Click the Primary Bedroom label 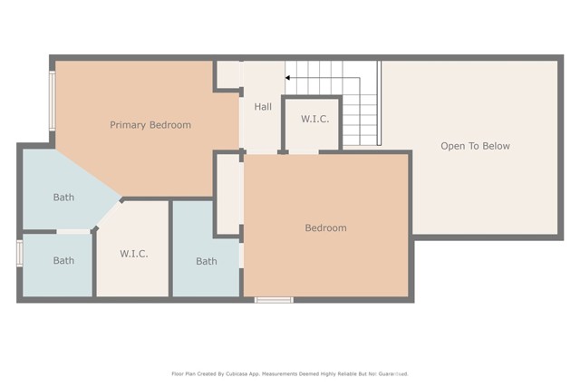click(150, 125)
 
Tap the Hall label click(263, 107)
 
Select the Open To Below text click(475, 146)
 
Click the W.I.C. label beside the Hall click(314, 120)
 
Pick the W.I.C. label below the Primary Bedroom click(133, 254)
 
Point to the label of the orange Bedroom click(325, 228)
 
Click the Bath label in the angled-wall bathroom click(63, 198)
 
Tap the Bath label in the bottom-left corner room click(63, 261)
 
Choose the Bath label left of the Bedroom click(207, 262)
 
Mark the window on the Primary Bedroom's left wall click(53, 101)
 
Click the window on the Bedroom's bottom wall click(274, 299)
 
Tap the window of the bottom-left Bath click(19, 253)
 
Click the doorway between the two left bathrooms click(74, 232)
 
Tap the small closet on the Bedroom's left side click(228, 194)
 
